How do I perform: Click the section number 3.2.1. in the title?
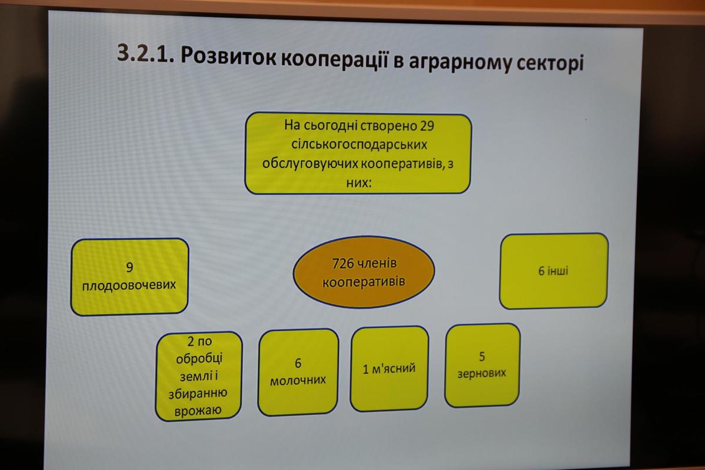[146, 53]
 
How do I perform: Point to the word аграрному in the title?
[460, 62]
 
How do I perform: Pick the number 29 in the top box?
[427, 126]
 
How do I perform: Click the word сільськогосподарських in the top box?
[359, 145]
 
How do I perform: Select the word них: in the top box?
[359, 183]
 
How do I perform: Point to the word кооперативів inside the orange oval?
[364, 282]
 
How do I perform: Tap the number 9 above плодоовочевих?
[129, 267]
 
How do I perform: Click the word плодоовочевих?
[129, 286]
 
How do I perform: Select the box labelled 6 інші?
[553, 271]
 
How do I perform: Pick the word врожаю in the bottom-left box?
[198, 411]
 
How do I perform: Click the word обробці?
[199, 358]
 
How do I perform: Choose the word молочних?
[298, 381]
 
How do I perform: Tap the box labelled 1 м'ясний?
[390, 368]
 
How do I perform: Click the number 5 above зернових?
[482, 356]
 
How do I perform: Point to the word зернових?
[482, 373]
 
